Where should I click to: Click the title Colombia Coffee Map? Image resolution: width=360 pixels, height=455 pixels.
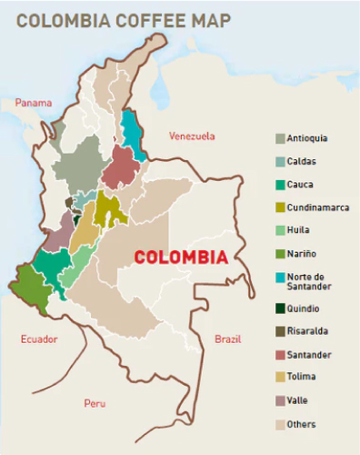(x=123, y=19)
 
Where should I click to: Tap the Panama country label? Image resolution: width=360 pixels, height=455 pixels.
(x=33, y=103)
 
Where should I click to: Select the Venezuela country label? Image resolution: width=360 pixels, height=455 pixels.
(x=192, y=136)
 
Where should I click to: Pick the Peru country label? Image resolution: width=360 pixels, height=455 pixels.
(x=95, y=402)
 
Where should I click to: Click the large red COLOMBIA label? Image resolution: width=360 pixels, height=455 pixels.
(x=181, y=258)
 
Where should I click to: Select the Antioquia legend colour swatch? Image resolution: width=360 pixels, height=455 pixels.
(x=280, y=138)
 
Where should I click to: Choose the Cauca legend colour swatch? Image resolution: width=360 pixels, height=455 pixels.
(x=280, y=185)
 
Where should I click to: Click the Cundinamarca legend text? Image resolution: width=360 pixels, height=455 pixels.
(x=317, y=207)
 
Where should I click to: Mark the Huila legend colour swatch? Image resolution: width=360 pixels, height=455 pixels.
(x=280, y=231)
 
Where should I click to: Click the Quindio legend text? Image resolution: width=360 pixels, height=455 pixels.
(x=303, y=308)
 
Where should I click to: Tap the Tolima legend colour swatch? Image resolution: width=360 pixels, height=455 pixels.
(x=280, y=378)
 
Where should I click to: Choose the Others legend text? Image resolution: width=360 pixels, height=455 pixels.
(x=301, y=424)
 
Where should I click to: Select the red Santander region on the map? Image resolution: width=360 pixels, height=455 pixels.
(x=120, y=167)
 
